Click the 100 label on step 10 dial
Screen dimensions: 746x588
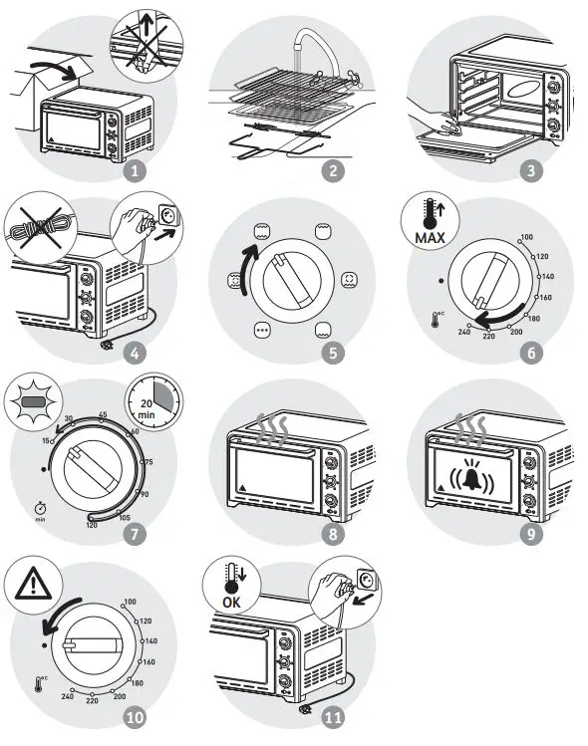point(130,602)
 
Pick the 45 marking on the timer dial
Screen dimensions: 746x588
point(102,414)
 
